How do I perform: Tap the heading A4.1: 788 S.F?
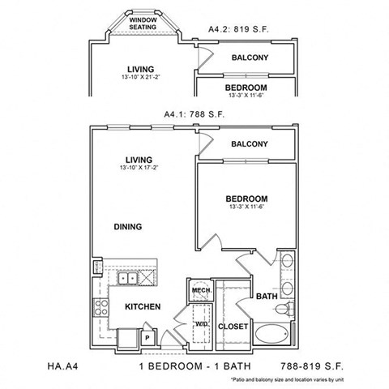[x=194, y=114]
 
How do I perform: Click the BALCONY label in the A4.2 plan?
[x=250, y=58]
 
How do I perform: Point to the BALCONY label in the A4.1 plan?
[x=249, y=144]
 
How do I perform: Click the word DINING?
[x=129, y=227]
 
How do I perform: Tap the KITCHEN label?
[x=141, y=307]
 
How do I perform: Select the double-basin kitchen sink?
[x=128, y=279]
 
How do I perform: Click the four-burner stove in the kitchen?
[x=102, y=309]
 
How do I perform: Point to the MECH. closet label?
[x=200, y=291]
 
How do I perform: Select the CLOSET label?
[x=233, y=327]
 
